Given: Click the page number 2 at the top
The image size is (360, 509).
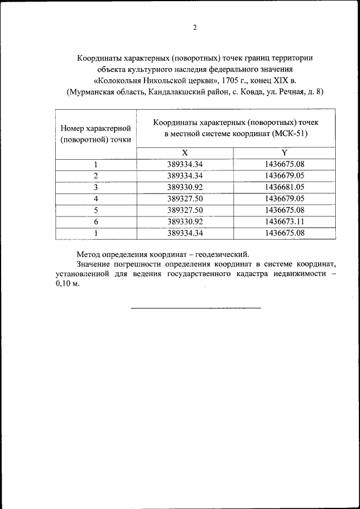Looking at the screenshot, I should (195, 28).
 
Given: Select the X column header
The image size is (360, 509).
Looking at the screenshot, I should (184, 153).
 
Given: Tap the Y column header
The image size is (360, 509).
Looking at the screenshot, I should (284, 153).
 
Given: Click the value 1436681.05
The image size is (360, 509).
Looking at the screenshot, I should (284, 187).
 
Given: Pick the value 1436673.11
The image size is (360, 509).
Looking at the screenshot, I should (284, 222).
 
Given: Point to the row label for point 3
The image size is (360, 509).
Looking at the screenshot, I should (96, 187).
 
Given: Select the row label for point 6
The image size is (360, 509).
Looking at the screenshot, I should (96, 222).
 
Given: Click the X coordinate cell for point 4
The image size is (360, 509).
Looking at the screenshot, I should (184, 199).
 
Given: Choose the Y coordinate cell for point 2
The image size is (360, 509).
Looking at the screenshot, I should (284, 176).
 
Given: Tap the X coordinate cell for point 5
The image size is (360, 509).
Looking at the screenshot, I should (184, 210).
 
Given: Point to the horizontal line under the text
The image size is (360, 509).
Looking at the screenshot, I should (196, 308).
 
